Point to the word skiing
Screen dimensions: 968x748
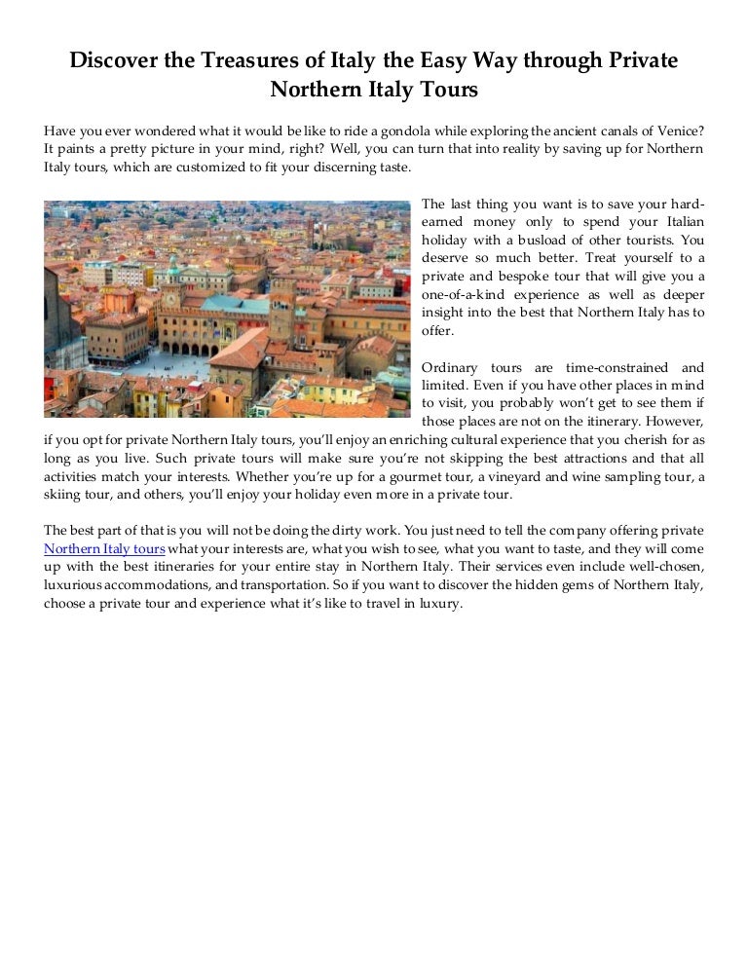(x=63, y=494)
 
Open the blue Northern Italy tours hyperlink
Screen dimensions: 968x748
(x=104, y=548)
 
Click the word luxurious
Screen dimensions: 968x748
(x=73, y=584)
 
